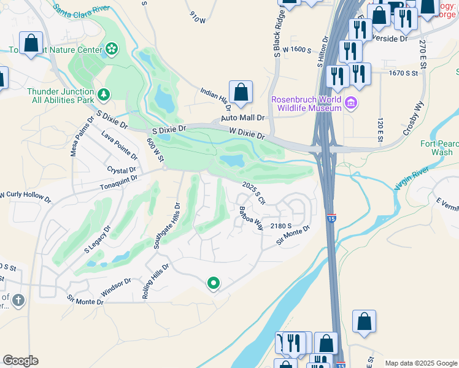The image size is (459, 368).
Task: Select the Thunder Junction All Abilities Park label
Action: point(60,96)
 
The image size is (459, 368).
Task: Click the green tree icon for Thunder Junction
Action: point(104,94)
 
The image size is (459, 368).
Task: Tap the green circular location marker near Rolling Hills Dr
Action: point(214,283)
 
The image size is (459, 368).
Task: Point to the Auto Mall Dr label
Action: point(242,118)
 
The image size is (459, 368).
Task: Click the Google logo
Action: point(20,361)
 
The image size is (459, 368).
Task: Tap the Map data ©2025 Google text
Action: point(421,362)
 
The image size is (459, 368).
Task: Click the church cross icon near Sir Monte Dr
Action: point(19,300)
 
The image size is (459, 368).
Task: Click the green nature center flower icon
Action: point(112,48)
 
